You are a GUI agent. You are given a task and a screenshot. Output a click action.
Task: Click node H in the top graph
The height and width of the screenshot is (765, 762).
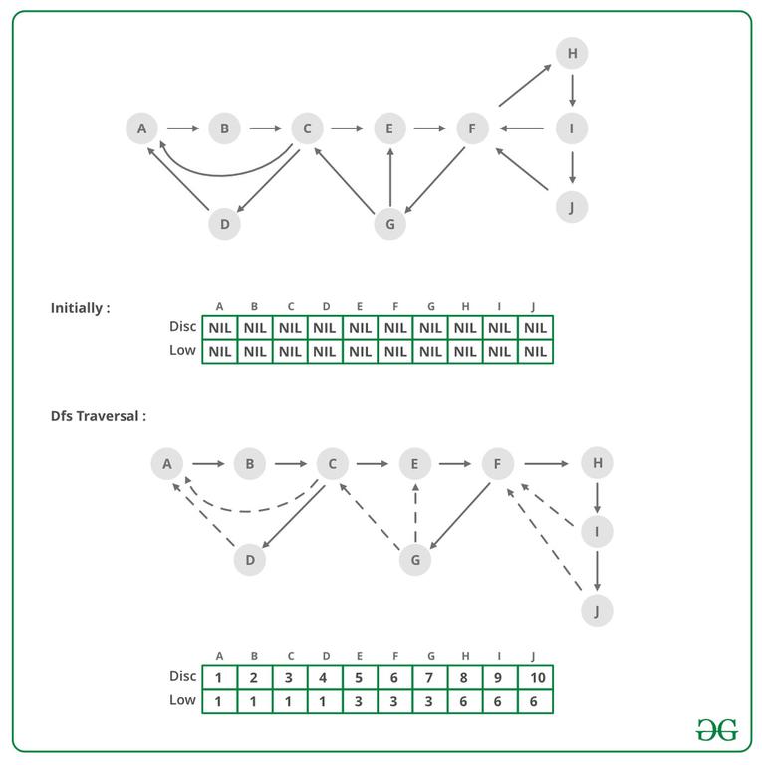click(572, 53)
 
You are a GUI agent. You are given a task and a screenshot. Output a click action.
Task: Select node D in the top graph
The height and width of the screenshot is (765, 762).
click(224, 224)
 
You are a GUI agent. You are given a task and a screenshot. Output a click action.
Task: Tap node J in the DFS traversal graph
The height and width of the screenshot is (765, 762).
click(597, 611)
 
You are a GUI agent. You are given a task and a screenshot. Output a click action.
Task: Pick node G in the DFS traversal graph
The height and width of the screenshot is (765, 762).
click(415, 560)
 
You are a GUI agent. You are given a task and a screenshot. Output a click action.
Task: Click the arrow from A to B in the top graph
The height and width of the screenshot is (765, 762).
click(183, 128)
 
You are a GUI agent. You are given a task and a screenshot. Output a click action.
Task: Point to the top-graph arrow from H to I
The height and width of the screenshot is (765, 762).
click(572, 91)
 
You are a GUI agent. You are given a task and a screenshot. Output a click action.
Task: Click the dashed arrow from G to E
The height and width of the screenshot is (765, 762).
click(415, 512)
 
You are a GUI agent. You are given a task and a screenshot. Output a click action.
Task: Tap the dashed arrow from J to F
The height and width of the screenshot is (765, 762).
click(544, 540)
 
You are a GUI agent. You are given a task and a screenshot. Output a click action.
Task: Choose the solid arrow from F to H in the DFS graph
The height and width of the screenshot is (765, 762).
click(547, 463)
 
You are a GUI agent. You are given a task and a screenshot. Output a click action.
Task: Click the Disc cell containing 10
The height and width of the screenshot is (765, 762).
click(535, 677)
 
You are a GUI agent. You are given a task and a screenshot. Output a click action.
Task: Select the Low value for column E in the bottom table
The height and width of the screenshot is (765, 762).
click(360, 701)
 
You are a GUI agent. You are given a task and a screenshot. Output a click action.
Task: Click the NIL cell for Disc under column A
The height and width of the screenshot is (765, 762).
click(220, 328)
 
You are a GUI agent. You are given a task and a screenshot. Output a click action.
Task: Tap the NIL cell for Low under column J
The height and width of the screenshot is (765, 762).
click(535, 352)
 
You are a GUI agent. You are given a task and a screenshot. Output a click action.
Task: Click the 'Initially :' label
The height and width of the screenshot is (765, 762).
click(80, 308)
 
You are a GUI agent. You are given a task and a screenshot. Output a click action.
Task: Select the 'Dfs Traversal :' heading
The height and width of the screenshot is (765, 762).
click(98, 416)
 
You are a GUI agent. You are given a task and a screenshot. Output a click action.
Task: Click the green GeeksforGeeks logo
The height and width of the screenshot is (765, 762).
click(716, 730)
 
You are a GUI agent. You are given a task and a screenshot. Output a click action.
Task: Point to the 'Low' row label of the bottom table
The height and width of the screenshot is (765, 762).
click(182, 700)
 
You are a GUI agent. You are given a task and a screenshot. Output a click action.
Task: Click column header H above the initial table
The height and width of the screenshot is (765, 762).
click(465, 306)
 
